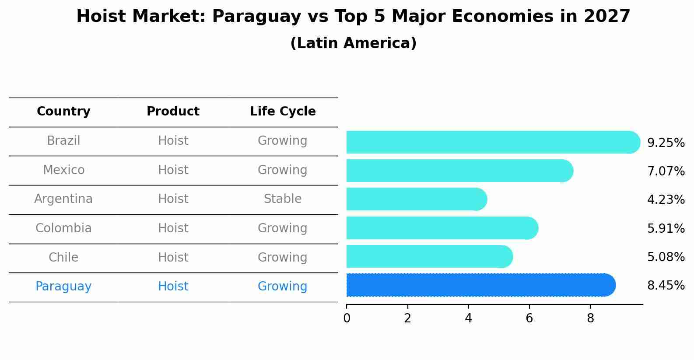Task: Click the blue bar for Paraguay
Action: [x=480, y=285]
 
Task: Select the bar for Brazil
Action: [x=493, y=142]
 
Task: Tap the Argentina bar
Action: [x=416, y=199]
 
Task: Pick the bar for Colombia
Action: [x=442, y=228]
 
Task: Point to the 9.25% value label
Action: [x=666, y=143]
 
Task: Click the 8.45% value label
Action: [x=666, y=286]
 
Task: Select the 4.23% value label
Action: [x=666, y=200]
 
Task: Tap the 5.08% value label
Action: [x=666, y=257]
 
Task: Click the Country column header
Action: [x=63, y=112]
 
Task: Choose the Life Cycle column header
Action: [x=283, y=112]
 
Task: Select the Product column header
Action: [x=173, y=112]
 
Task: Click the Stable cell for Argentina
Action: [x=283, y=199]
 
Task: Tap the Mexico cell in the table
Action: [x=63, y=170]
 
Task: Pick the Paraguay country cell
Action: [x=63, y=287]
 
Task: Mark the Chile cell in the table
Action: [x=63, y=257]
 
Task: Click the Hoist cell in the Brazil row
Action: [x=173, y=141]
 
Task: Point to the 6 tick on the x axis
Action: [x=529, y=318]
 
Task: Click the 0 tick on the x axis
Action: [x=347, y=318]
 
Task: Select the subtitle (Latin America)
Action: [x=353, y=43]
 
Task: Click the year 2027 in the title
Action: [x=606, y=17]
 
